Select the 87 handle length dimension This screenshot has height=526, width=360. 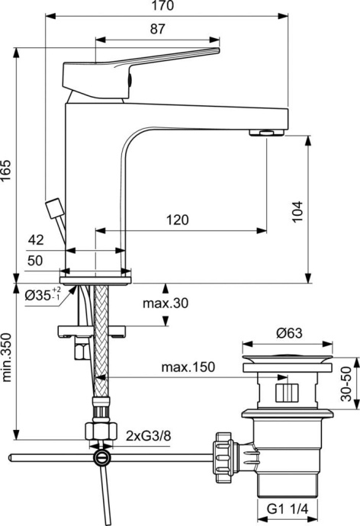click(x=159, y=28)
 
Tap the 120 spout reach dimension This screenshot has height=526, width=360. click(x=176, y=220)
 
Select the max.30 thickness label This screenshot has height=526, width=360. click(x=165, y=303)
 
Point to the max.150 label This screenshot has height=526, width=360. click(x=188, y=367)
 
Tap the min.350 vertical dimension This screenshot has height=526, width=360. click(x=7, y=358)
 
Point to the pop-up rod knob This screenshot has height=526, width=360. click(x=54, y=207)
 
